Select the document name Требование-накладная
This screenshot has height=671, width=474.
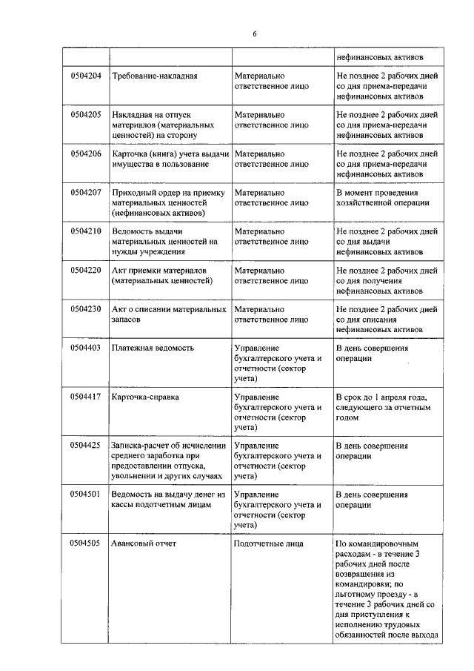tap(154, 76)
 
